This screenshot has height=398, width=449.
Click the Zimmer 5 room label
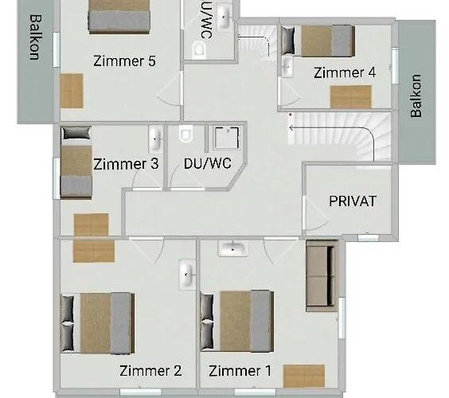coord(124,61)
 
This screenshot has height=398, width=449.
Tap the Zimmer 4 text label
coord(345,72)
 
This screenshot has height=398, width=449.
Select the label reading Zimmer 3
coord(126,164)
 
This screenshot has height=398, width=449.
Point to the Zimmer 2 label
coord(150,370)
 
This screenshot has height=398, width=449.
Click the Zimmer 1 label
coord(240,371)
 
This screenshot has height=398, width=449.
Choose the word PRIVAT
coord(353,201)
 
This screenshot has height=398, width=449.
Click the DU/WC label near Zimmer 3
coord(207,163)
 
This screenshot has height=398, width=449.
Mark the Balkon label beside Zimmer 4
coord(416,96)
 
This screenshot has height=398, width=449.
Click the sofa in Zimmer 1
coord(322,275)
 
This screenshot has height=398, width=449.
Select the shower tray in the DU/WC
coord(227,138)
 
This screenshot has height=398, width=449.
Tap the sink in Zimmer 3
coord(155,139)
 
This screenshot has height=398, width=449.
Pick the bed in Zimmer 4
coord(318,41)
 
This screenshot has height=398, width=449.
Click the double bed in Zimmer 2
coord(97,322)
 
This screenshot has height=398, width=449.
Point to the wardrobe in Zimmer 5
coord(72,91)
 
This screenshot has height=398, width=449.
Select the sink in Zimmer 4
coord(287,67)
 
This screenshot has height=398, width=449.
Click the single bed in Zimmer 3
coord(76,162)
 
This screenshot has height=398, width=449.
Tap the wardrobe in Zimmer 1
coord(304,376)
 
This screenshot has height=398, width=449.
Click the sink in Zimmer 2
coord(187,275)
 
